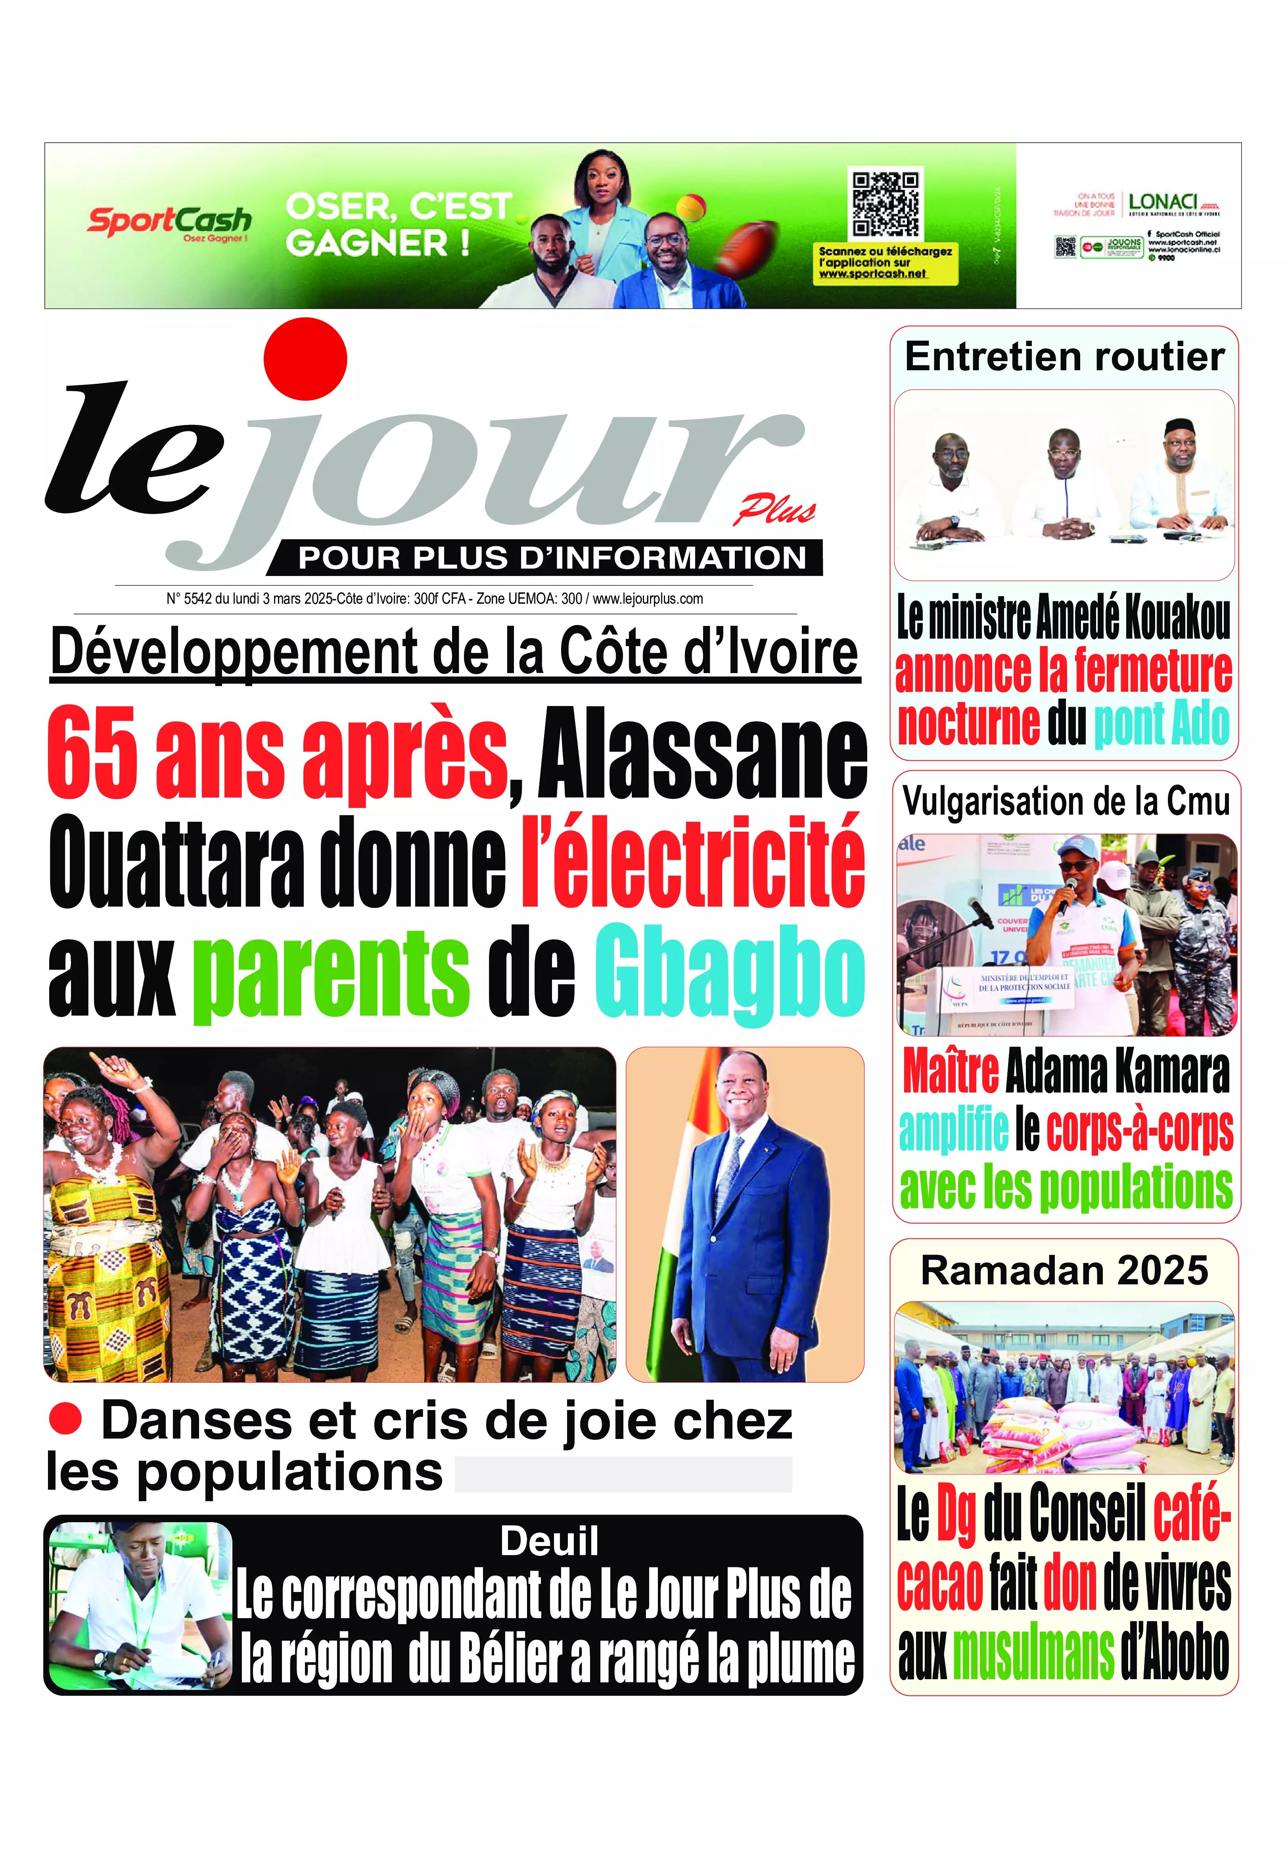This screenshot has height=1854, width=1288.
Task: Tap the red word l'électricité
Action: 692,861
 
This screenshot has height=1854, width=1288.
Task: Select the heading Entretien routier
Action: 1064,357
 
